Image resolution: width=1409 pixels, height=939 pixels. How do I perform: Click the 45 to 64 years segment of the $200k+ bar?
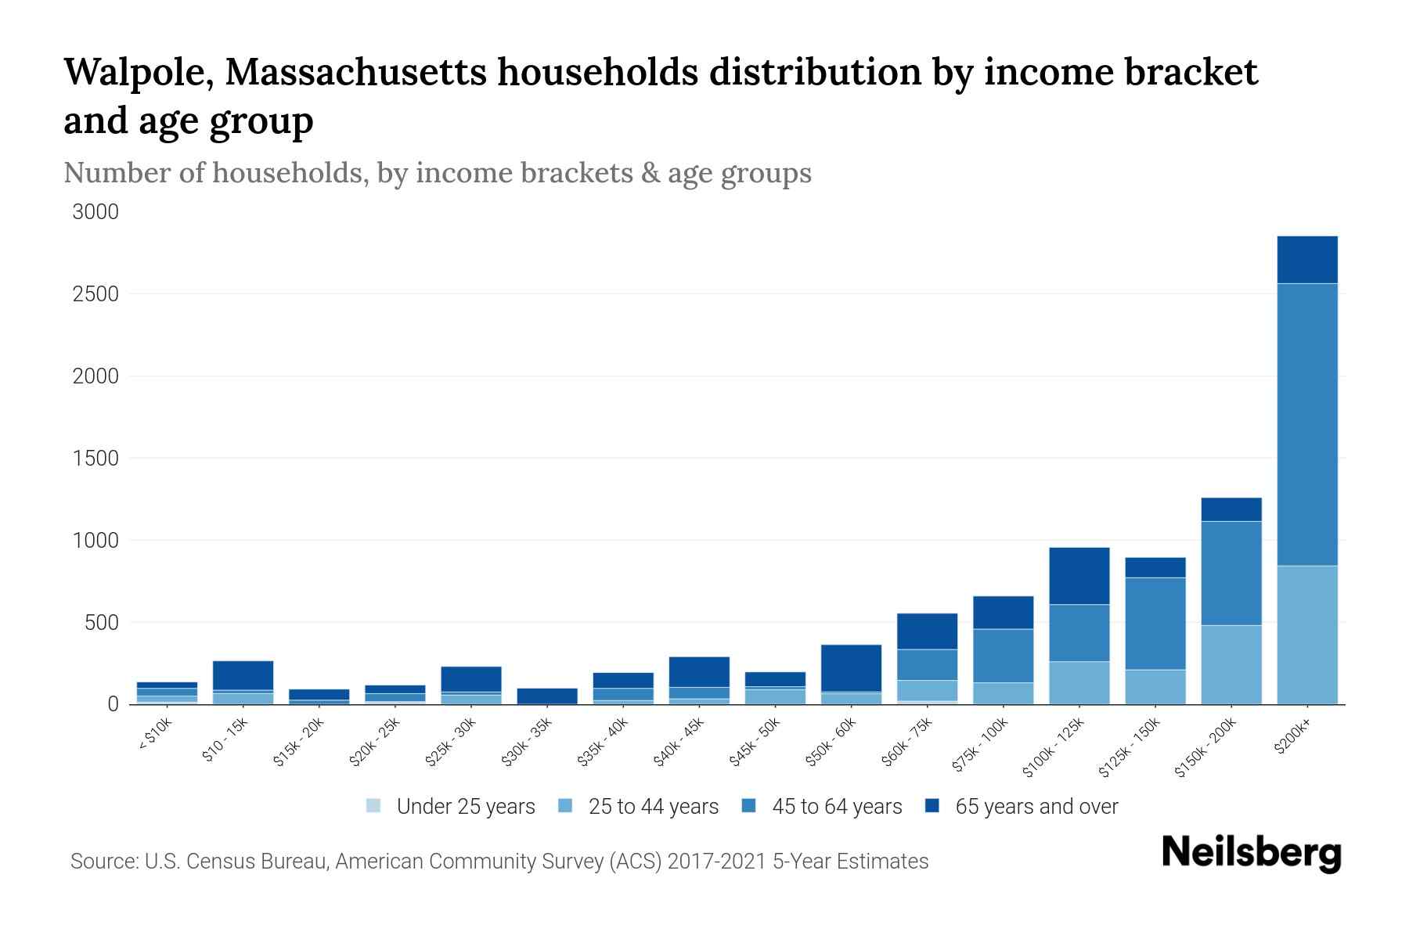click(1307, 424)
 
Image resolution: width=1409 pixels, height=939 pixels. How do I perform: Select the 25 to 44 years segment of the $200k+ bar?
click(1307, 635)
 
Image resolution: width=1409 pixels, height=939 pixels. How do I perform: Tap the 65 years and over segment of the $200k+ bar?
click(1307, 260)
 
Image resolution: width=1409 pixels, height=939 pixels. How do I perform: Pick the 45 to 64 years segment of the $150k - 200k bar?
click(1231, 573)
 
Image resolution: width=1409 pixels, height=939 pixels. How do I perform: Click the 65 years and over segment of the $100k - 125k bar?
click(1079, 576)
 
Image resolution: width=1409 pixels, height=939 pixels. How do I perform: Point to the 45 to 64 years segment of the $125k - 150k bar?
click(1155, 623)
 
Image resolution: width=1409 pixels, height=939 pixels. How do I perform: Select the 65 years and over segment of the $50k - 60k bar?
click(851, 668)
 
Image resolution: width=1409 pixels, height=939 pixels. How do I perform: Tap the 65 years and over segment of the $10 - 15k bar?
click(243, 675)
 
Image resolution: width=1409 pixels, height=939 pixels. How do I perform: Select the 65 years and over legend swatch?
click(932, 806)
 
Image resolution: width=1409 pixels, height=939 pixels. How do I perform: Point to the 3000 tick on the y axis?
click(95, 212)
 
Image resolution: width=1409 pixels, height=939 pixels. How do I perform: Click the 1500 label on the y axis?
click(95, 459)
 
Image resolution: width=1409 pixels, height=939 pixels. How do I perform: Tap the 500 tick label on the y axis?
click(102, 623)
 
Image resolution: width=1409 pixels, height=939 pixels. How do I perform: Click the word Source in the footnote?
click(101, 862)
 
